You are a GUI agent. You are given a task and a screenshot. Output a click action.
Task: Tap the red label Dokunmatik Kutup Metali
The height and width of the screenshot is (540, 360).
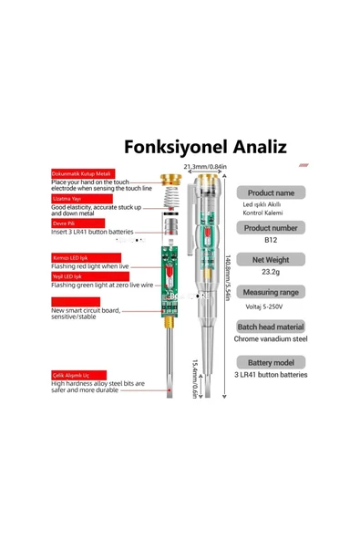click(80, 173)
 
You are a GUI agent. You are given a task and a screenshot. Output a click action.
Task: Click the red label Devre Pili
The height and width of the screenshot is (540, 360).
click(67, 222)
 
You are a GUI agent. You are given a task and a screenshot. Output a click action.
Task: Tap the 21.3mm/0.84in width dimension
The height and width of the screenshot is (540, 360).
click(207, 167)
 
